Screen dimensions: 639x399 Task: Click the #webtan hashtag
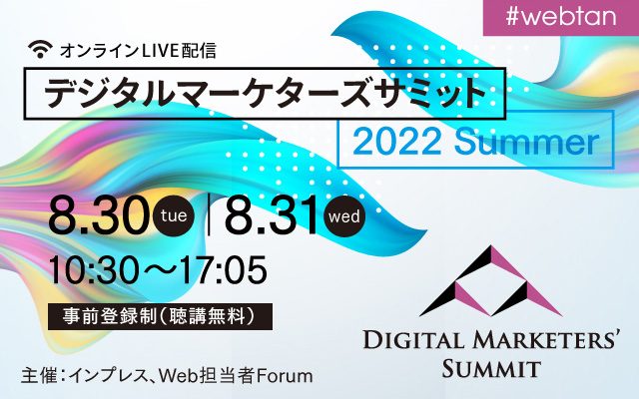click(561, 17)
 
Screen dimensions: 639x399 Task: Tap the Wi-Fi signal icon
click(40, 49)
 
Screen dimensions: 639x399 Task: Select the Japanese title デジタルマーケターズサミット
click(265, 93)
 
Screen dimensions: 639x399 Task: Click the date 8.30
click(98, 215)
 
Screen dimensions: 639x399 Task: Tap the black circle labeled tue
click(174, 215)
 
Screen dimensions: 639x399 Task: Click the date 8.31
click(271, 215)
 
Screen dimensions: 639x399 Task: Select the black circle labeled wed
click(344, 215)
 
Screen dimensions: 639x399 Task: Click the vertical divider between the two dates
click(209, 215)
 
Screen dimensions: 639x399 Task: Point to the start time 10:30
click(93, 270)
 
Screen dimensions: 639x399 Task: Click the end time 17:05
click(224, 270)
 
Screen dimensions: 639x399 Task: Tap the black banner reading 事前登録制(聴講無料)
click(160, 316)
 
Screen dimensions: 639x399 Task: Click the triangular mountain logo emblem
click(490, 280)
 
